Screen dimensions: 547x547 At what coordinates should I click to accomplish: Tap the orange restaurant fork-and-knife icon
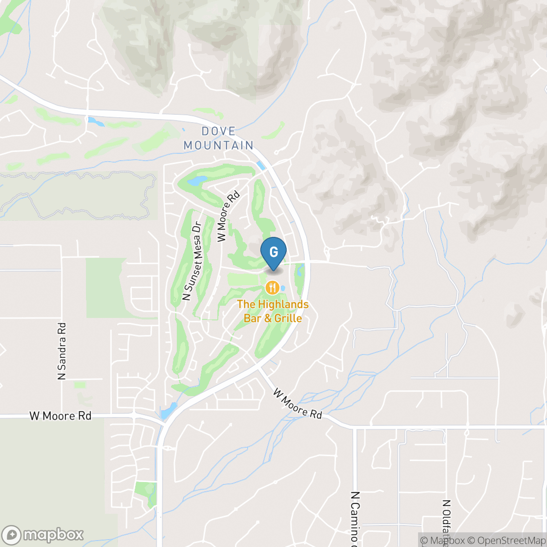coord(272,288)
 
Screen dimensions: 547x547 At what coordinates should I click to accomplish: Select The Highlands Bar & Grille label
coord(273,311)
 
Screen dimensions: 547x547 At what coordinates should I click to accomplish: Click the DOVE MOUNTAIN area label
coord(226,138)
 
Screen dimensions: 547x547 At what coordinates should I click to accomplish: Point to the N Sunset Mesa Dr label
coord(192,261)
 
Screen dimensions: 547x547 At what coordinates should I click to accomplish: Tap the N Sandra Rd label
coord(62,351)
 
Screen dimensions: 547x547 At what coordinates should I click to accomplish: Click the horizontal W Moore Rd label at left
coord(60,416)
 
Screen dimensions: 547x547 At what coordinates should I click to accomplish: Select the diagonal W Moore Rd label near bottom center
coord(297,403)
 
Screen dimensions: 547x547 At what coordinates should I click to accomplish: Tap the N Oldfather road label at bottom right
coord(445,523)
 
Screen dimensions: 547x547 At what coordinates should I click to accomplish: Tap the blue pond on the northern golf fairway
coord(197,181)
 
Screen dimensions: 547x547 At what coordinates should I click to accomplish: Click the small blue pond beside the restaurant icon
coord(283,288)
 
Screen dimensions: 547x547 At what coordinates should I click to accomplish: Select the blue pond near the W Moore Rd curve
coord(169,411)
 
